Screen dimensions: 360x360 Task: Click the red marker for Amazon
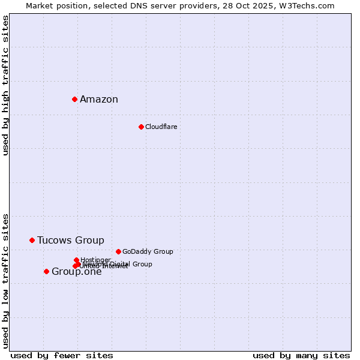tap(74, 99)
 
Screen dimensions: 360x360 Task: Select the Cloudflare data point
tap(141, 127)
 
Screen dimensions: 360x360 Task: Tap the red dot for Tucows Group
tap(32, 240)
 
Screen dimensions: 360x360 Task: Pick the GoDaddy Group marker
tap(118, 251)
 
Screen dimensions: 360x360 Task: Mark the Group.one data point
tap(46, 271)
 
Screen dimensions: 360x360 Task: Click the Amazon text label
tap(99, 100)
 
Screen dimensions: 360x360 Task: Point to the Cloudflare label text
tap(161, 127)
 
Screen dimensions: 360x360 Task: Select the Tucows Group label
tap(70, 241)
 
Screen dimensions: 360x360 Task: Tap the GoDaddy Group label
tap(148, 252)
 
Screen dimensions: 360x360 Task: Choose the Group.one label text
tap(77, 272)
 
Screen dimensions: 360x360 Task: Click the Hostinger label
tap(95, 260)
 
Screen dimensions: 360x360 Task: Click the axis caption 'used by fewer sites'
tap(62, 355)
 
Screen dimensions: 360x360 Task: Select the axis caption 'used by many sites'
tap(301, 355)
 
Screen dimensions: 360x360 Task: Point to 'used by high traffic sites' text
tap(5, 86)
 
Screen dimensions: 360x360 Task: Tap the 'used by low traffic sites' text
tap(5, 280)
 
